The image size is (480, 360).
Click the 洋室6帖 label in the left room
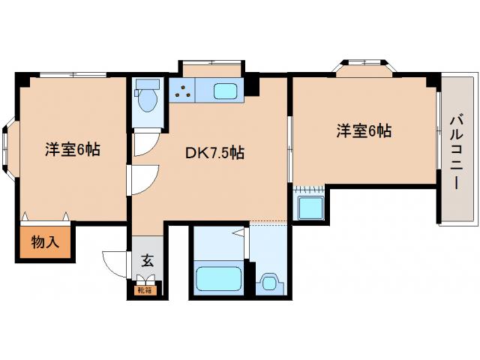click(x=72, y=149)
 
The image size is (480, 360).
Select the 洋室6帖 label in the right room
click(x=364, y=130)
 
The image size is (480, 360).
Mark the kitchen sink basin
click(x=226, y=92)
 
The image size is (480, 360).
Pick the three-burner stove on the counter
click(x=182, y=92)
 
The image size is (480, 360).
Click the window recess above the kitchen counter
click(x=211, y=69)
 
